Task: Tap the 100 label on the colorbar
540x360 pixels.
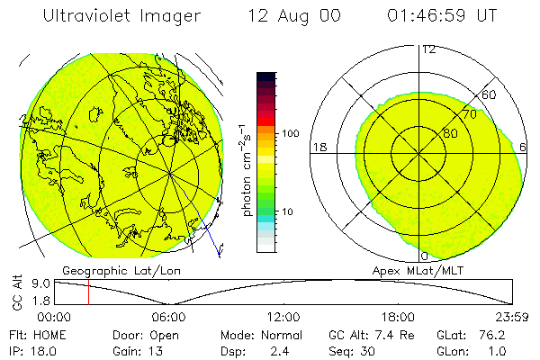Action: coord(290,133)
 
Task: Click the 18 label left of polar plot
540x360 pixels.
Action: coord(318,147)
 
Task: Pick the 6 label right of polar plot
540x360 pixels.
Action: coord(524,147)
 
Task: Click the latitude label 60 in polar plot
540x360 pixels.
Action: coord(490,94)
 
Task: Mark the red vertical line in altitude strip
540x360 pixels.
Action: coord(88,292)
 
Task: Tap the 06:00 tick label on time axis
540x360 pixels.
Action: coord(168,316)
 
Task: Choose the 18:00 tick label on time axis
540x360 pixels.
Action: coord(398,316)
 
